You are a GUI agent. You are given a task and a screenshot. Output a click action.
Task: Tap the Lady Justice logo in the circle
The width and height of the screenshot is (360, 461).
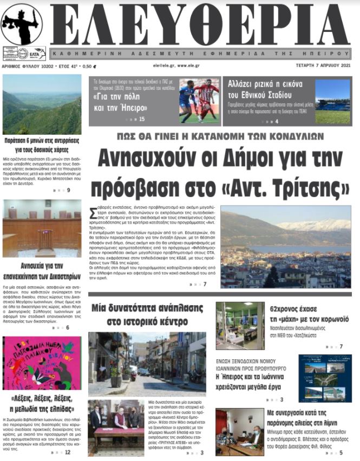point(22,24)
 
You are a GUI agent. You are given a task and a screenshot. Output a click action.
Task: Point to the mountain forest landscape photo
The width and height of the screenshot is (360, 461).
point(42,104)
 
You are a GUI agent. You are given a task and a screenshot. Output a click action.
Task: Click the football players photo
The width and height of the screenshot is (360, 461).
point(199,101)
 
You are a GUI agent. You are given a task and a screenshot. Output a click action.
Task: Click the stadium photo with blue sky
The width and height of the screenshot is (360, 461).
point(332,101)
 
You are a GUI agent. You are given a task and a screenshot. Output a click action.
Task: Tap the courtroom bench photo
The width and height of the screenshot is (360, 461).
point(42,228)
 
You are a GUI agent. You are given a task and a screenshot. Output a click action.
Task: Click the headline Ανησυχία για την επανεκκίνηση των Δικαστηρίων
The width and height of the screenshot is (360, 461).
point(42,270)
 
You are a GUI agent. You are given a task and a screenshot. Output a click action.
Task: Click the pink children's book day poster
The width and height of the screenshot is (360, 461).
point(42,363)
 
